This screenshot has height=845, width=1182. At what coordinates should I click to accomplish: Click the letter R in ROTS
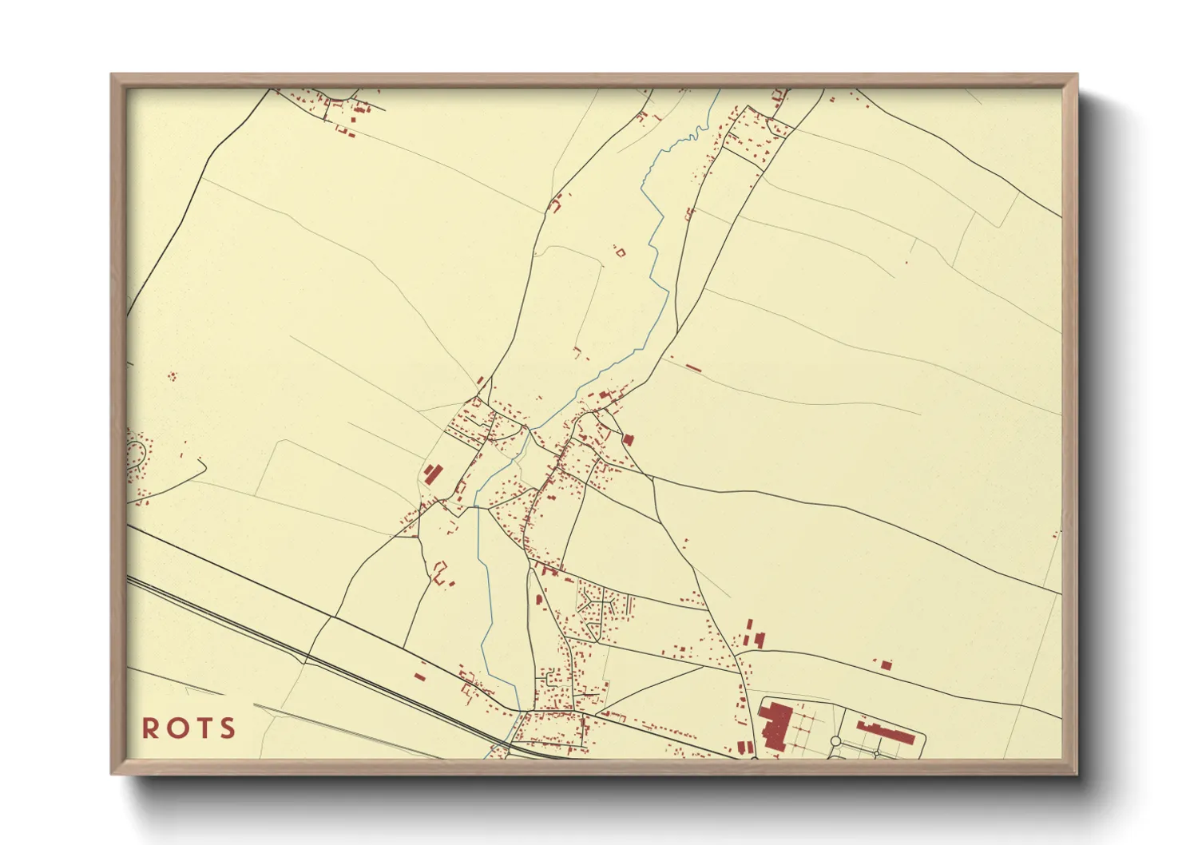coord(149,728)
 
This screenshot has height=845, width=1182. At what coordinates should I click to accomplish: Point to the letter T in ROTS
coord(204,728)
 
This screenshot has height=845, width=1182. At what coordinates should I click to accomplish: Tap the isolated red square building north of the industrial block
coord(885,664)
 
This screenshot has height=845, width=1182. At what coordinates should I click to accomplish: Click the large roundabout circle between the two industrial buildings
coord(835,742)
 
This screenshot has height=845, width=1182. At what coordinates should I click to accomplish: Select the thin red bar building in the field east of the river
coord(692,368)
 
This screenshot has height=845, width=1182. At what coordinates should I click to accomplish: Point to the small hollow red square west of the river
coord(621,253)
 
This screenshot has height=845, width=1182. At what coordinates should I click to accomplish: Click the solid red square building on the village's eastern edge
coord(628,439)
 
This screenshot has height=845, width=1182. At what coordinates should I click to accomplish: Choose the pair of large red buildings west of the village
coord(432,474)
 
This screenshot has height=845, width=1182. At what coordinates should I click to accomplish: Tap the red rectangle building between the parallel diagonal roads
coord(419,677)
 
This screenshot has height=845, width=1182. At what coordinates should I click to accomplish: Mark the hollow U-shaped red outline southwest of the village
coord(439,572)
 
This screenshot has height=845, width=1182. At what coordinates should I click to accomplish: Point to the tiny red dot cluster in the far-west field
coord(171,375)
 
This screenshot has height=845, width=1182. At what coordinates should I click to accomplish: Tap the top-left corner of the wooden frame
coord(113,76)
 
